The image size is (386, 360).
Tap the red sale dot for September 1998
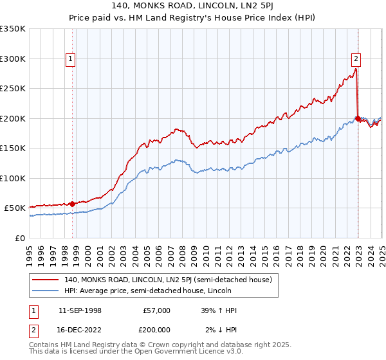coord(72,204)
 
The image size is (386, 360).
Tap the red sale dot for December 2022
coord(358,118)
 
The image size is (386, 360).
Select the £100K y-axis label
coord(13,178)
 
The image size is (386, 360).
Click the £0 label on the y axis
coord(19,238)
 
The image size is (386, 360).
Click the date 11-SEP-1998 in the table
coord(80,310)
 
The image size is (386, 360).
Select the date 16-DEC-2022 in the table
coord(80,330)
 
